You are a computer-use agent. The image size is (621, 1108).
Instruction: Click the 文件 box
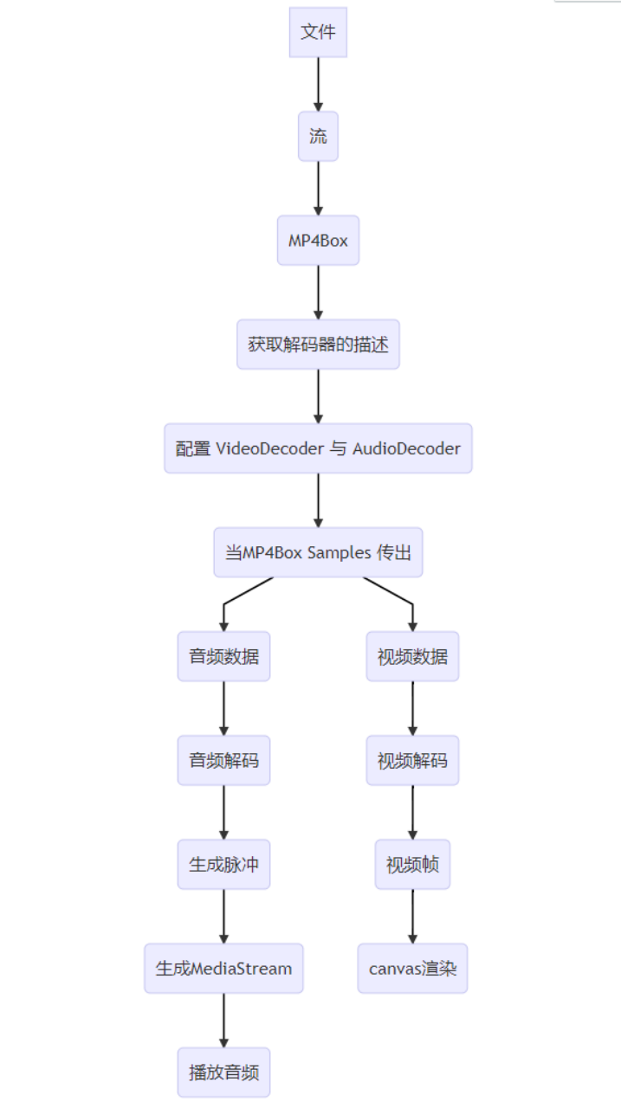pos(318,33)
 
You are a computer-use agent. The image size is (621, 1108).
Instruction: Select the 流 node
pos(318,137)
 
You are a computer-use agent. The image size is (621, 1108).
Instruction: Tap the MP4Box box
pos(318,241)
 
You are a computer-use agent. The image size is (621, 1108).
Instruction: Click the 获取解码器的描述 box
pos(318,345)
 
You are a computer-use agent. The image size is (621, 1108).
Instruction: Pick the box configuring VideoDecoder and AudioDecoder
pos(318,448)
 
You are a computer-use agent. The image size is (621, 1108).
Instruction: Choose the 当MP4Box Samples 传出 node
pos(318,552)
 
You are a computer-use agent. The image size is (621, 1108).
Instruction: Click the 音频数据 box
pos(223,656)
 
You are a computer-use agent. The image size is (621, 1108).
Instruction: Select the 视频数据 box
pos(412,656)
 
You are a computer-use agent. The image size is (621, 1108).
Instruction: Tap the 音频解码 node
pos(223,761)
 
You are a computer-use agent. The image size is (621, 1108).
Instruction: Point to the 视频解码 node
pos(412,761)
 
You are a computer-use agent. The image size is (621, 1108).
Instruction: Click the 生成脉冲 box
pos(223,864)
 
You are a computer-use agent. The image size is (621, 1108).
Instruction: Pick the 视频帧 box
pos(412,864)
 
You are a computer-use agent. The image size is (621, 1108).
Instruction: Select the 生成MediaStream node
pos(223,968)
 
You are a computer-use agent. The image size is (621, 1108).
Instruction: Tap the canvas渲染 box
pos(412,968)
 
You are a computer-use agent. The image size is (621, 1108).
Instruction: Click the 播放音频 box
pos(223,1072)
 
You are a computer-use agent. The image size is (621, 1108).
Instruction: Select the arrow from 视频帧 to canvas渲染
pos(412,916)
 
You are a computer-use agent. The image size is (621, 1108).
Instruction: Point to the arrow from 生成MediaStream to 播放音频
pos(223,1020)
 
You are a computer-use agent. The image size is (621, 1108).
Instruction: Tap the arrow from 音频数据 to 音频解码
pos(223,708)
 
